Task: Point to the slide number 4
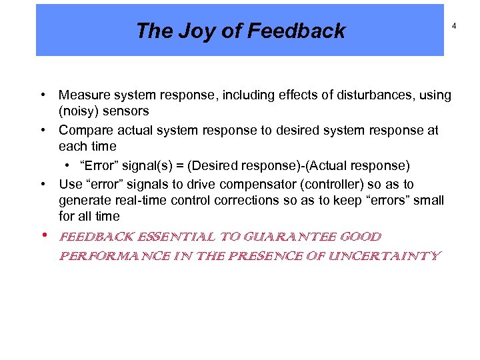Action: [453, 25]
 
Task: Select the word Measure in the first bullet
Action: [83, 95]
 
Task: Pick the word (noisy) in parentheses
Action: [80, 111]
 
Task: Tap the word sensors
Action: [127, 111]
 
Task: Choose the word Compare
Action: [84, 131]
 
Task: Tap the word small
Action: [429, 200]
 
